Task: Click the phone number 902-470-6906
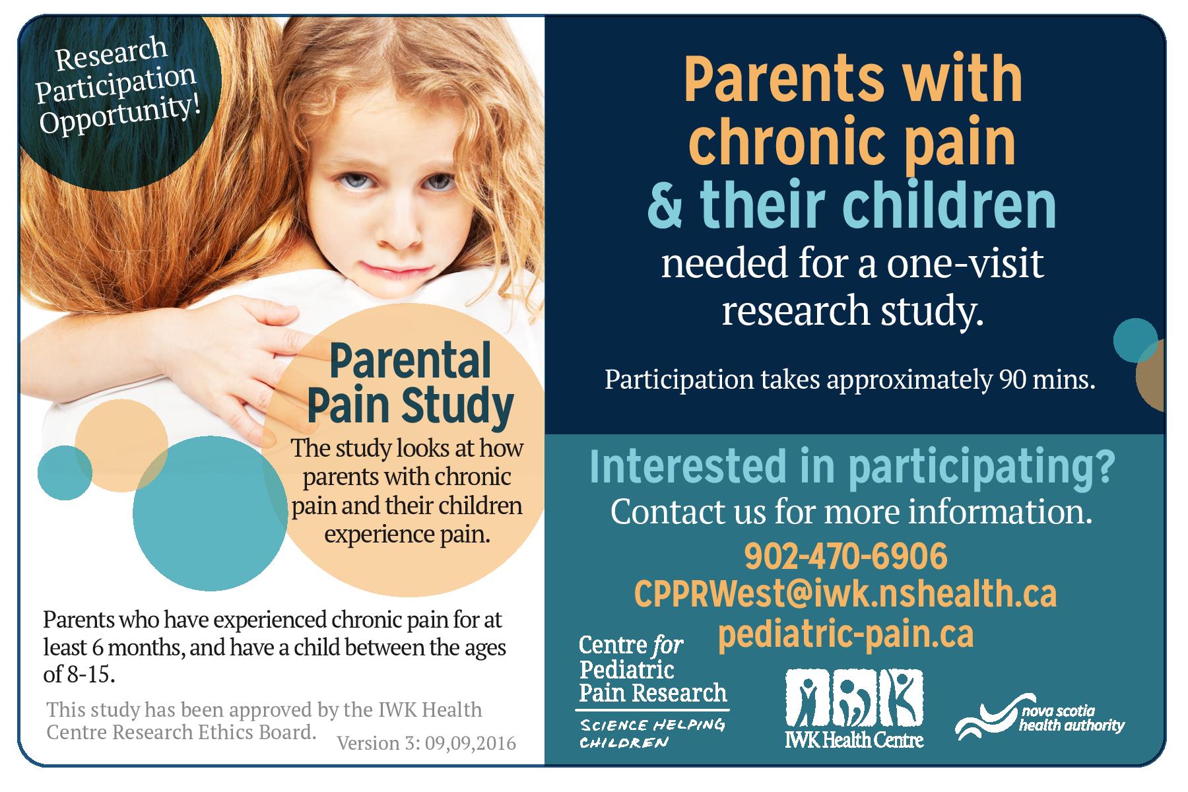coord(845,557)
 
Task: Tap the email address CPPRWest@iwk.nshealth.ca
coord(845,594)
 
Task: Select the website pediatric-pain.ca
coord(845,634)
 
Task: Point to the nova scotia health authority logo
coord(1039,719)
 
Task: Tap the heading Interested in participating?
coord(851,466)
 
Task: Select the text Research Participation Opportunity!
coord(117,84)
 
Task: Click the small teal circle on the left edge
coord(65,473)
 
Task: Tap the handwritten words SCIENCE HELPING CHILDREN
coord(652,733)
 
